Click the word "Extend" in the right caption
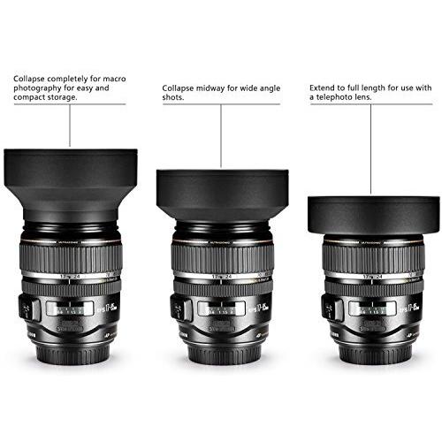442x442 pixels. [x=323, y=88]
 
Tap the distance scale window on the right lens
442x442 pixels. [x=371, y=309]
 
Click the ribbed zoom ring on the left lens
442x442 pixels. [x=71, y=255]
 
